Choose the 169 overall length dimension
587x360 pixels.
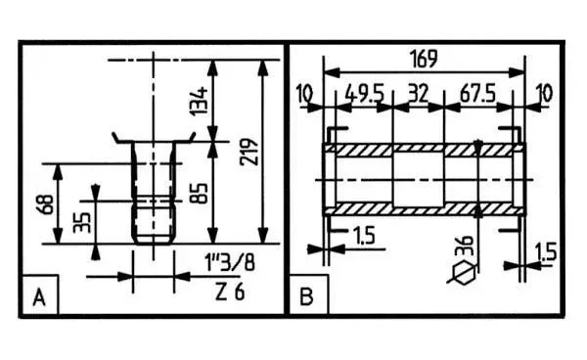point(422,58)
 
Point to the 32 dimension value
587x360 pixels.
point(418,94)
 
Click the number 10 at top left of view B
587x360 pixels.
point(304,94)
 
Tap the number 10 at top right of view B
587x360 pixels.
point(544,94)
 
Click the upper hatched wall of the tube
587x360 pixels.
point(421,149)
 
